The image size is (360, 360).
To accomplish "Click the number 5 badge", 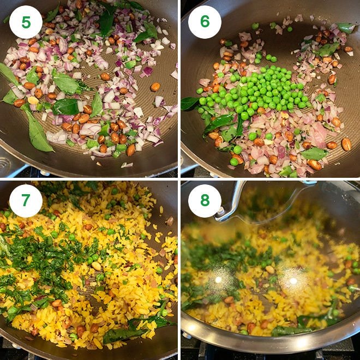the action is point(26,22).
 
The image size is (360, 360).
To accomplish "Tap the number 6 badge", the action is point(205,22).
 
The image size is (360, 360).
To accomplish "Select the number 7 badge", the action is point(26,201).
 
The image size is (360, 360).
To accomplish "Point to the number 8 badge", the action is point(205,201).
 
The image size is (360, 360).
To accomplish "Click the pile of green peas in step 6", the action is point(253,92).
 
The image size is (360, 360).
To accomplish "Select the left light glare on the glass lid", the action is point(218,279).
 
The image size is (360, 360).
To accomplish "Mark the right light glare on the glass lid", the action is point(293,280).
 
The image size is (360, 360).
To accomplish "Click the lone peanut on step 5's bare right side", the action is point(155,87).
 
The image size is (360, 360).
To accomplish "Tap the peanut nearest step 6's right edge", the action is point(346,144).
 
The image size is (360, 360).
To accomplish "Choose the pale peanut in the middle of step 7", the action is point(96,266).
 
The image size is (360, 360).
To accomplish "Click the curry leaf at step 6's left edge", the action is point(190,104).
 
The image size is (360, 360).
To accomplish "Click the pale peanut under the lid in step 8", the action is point(270,269).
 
